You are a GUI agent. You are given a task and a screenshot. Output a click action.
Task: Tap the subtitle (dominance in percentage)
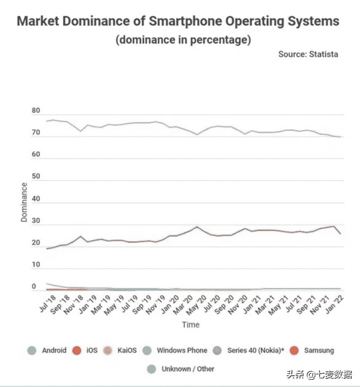pos(183,40)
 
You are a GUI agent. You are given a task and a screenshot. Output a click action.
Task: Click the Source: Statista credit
pos(308,54)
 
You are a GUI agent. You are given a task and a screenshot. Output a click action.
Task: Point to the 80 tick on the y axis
pos(35,111)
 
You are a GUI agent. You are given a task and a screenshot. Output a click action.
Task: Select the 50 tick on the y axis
pos(35,177)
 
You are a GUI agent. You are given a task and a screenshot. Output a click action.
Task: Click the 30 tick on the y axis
pos(35,221)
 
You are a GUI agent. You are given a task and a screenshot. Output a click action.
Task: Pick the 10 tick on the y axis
pos(35,265)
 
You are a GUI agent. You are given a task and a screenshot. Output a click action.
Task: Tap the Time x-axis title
pos(190,325)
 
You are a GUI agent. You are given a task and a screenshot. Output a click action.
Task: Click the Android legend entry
pos(54,351)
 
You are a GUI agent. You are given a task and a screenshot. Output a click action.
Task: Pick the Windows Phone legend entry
pos(182,351)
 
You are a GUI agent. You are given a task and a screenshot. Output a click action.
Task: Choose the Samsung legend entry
pos(319,351)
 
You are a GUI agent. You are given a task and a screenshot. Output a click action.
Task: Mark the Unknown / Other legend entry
pos(188,369)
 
